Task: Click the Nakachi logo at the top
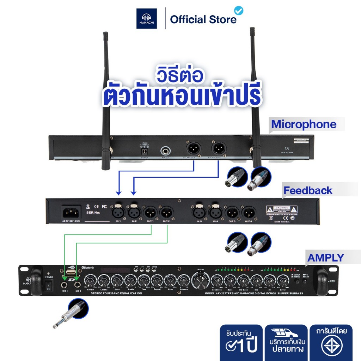point(147,18)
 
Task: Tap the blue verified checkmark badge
point(239,11)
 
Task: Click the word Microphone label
point(304,124)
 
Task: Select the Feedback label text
point(308,191)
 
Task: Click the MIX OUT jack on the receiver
point(165,152)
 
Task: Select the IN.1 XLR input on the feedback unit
point(118,213)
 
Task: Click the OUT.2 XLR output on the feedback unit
point(166,213)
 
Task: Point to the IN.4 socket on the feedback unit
point(215,213)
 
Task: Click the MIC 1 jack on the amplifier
point(65,285)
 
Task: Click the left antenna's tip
point(105,35)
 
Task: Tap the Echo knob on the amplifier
point(170,281)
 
